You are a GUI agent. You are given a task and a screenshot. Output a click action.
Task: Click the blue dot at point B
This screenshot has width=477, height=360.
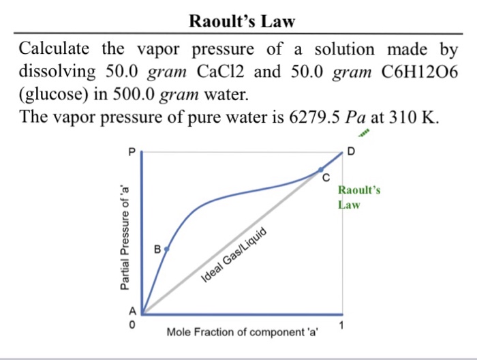click(167, 250)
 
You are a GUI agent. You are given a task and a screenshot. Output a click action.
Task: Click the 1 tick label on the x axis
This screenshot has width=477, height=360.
click(342, 324)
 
